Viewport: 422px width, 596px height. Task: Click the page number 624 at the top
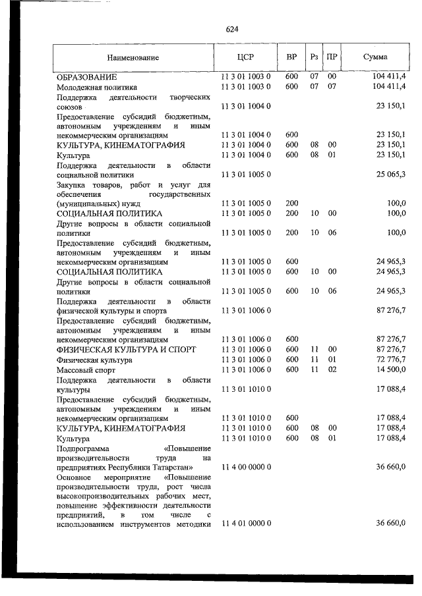[x=231, y=30]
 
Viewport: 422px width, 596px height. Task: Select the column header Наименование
[x=134, y=57]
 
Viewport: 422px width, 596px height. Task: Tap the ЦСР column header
[x=245, y=57]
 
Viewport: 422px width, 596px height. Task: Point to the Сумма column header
[x=375, y=57]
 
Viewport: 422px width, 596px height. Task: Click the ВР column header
[x=291, y=57]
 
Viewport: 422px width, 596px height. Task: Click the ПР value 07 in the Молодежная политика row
[x=332, y=87]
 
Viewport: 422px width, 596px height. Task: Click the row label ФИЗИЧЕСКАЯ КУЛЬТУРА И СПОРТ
[x=126, y=350]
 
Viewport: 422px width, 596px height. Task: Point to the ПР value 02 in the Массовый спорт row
[x=332, y=369]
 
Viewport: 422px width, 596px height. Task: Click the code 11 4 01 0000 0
[x=246, y=523]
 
